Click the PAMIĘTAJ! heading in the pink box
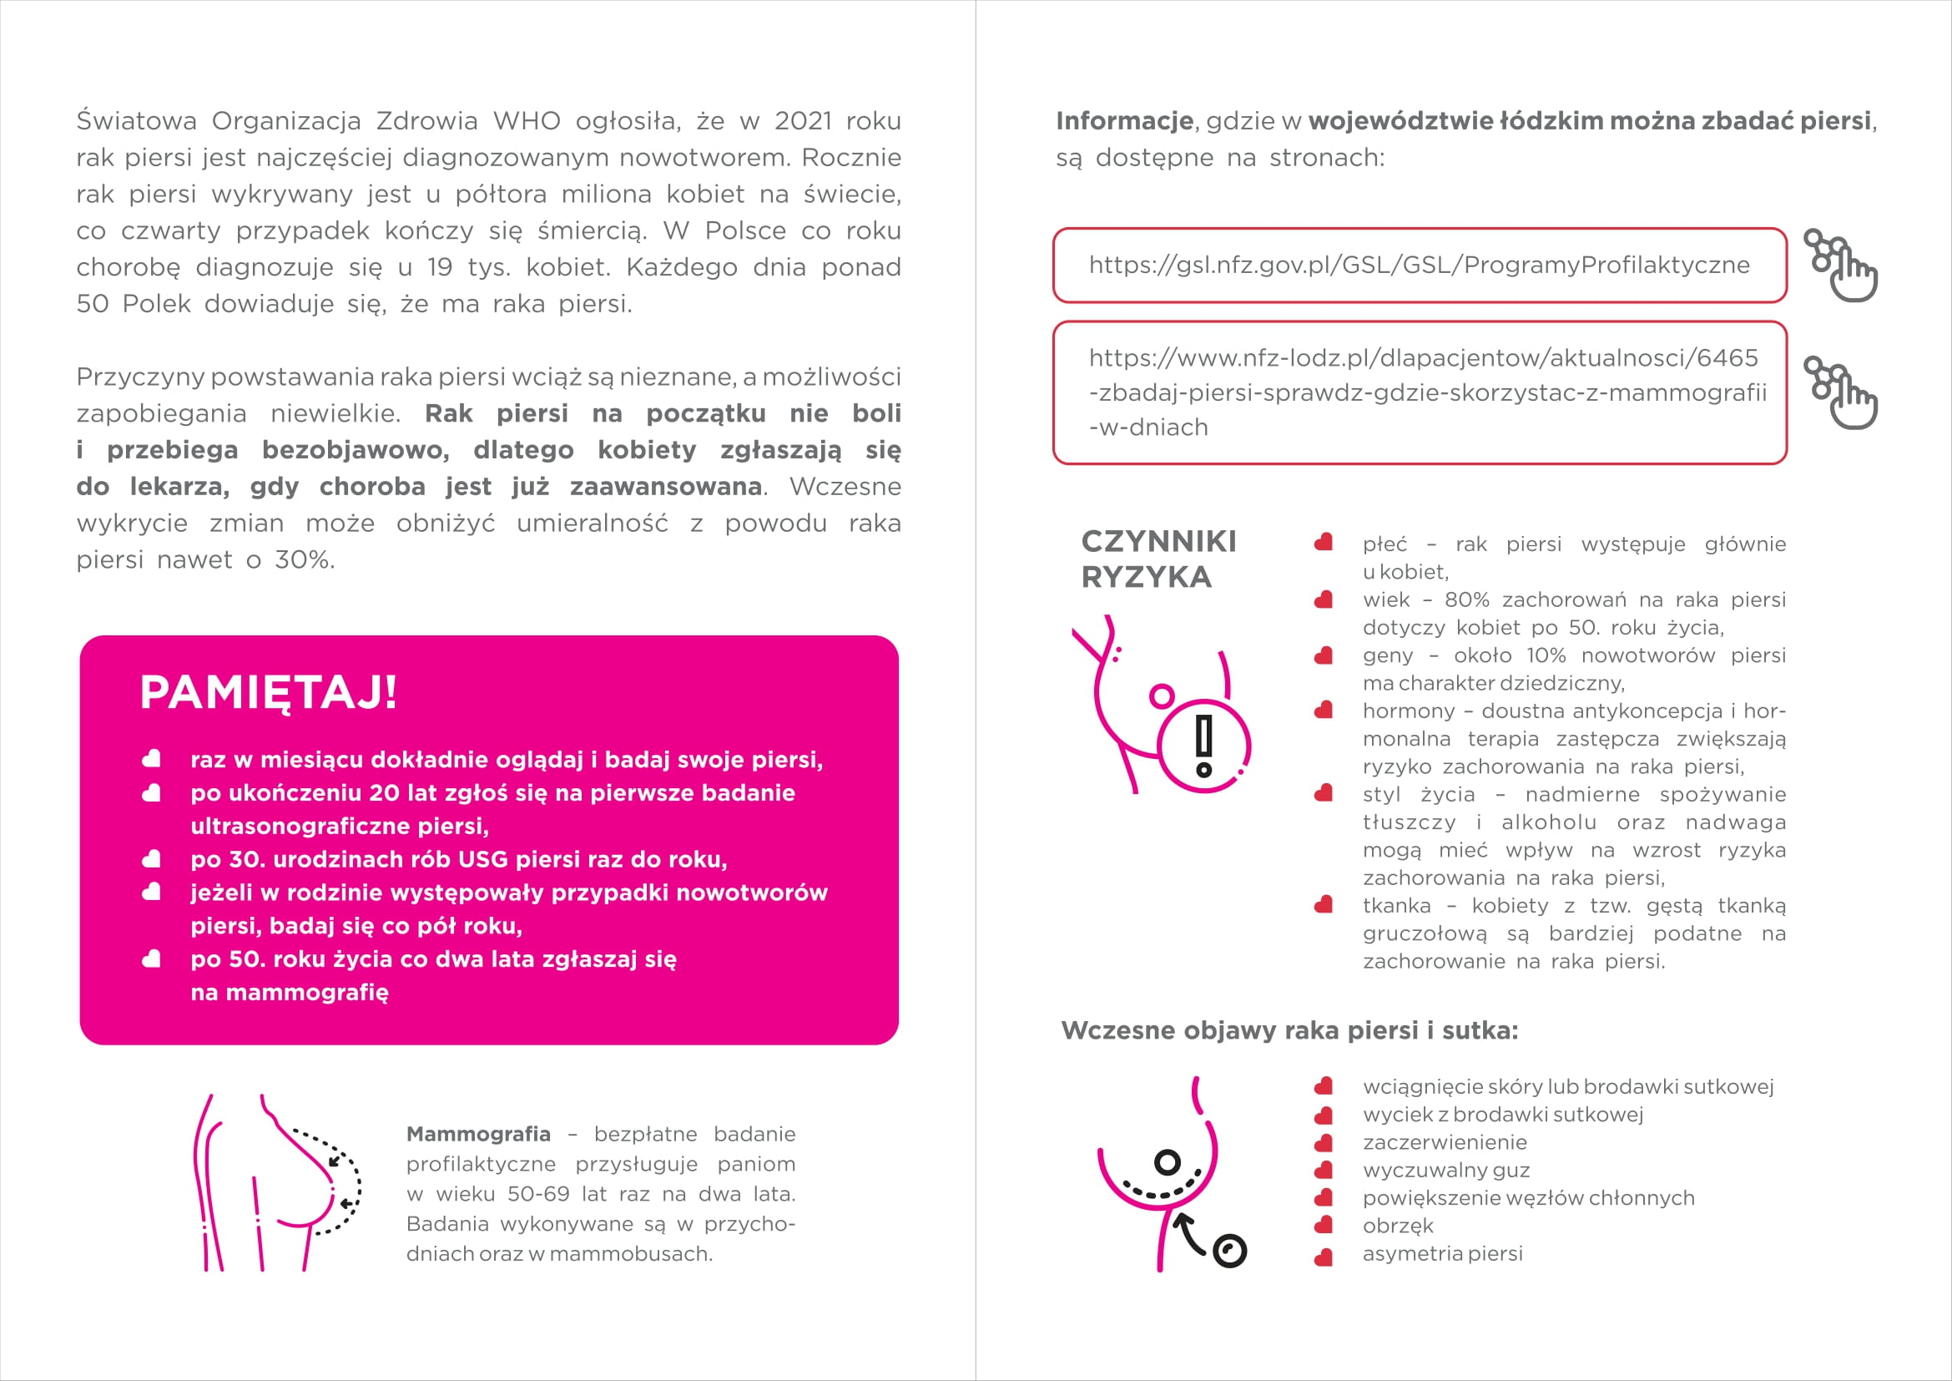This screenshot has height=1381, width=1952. (x=268, y=692)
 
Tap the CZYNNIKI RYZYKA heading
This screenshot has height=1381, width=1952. (x=1158, y=559)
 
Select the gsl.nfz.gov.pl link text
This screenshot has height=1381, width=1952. (x=1419, y=266)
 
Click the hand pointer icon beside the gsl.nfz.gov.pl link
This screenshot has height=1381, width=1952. (x=1843, y=266)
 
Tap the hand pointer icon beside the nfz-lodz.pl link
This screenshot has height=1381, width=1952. (x=1843, y=393)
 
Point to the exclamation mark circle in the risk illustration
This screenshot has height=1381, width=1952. (x=1205, y=746)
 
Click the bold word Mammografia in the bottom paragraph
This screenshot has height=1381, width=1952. (x=478, y=1134)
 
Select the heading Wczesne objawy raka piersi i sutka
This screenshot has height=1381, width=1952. (x=1289, y=1030)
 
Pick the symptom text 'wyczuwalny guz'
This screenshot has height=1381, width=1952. (x=1445, y=1170)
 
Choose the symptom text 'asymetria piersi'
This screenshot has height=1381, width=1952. (x=1442, y=1253)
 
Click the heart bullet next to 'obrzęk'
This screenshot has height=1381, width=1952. (x=1323, y=1227)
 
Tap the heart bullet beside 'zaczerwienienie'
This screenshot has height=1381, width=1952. (x=1323, y=1143)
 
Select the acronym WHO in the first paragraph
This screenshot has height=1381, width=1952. (x=527, y=121)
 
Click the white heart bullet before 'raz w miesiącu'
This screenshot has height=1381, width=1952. (x=151, y=759)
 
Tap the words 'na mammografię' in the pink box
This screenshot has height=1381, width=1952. (x=289, y=993)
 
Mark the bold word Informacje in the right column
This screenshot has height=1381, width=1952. (x=1124, y=121)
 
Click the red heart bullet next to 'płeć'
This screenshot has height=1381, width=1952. (x=1323, y=544)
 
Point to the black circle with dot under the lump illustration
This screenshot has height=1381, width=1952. (x=1229, y=1251)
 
